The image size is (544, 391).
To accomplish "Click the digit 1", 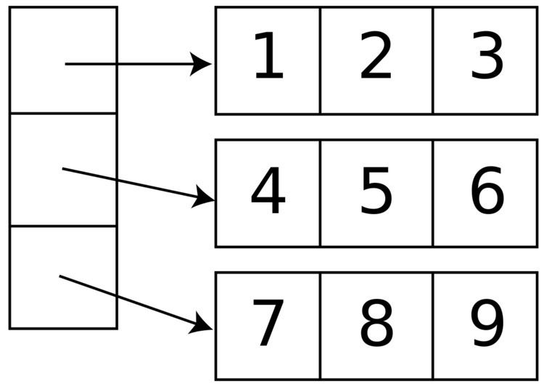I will [x=268, y=57].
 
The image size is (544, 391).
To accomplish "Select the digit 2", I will [x=376, y=57].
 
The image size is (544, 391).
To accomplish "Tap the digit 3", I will [x=487, y=57].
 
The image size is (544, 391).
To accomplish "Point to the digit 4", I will [x=268, y=192].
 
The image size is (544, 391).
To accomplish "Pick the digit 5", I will [x=376, y=192].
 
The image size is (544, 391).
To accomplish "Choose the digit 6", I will [x=487, y=192].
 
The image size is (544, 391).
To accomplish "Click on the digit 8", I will [x=376, y=324].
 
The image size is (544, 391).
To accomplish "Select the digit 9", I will [x=487, y=324].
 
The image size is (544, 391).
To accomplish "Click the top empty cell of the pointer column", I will [x=36, y=44].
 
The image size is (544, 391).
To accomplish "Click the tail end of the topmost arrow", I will [x=66, y=64].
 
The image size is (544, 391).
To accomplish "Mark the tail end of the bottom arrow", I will [x=60, y=276].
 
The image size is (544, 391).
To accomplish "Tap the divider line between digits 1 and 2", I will [x=320, y=60].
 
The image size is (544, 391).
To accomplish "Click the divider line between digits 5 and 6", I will [x=433, y=193].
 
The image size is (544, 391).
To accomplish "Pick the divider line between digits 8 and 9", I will [x=433, y=326].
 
